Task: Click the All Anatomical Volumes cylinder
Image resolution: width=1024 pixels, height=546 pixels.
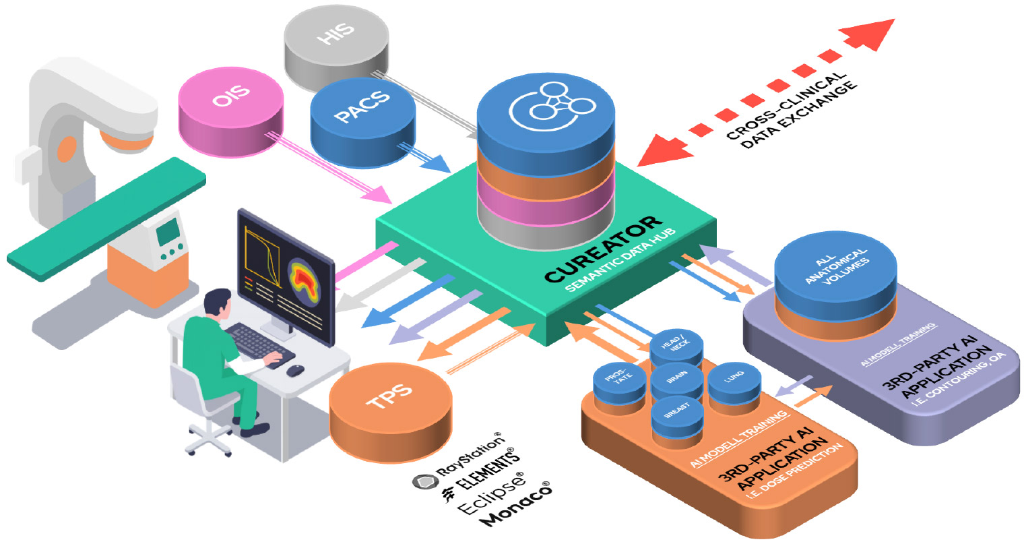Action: click(835, 276)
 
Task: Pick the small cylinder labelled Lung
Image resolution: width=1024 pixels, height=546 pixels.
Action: click(734, 384)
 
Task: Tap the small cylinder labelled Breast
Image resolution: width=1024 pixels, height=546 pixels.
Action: click(676, 415)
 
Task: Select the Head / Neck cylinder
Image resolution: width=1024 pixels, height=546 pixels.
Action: click(676, 348)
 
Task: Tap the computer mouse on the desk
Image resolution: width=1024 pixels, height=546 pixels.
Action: click(295, 370)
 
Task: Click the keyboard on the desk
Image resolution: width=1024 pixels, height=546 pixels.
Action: click(259, 344)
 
